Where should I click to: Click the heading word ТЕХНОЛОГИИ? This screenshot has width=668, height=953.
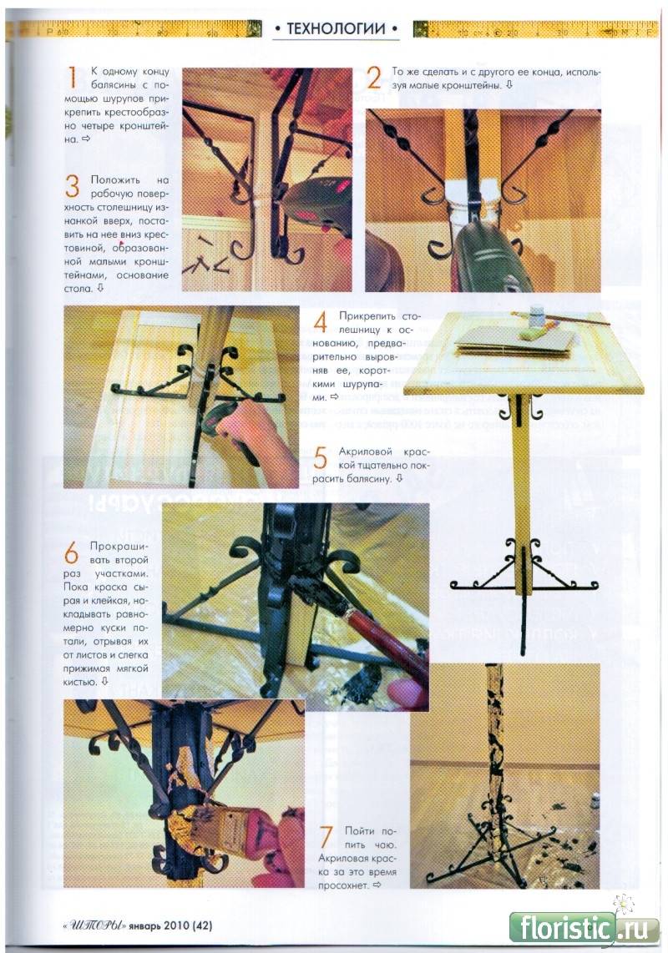click(x=336, y=28)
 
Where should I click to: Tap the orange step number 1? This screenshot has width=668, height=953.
click(x=72, y=78)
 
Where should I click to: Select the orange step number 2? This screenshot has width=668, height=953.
click(x=374, y=78)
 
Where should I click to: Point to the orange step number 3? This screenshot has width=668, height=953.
click(x=72, y=186)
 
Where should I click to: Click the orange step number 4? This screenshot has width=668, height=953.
click(x=321, y=321)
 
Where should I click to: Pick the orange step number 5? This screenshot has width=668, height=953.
click(x=320, y=457)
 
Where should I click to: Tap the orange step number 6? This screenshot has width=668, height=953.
click(x=71, y=552)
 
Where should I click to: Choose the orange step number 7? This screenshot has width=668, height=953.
click(x=326, y=837)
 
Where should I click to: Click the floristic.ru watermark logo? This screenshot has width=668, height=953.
click(x=584, y=929)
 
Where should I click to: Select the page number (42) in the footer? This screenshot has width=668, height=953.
click(x=202, y=925)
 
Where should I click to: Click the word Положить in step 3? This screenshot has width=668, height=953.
click(x=115, y=180)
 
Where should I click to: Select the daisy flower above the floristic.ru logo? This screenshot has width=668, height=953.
click(x=624, y=905)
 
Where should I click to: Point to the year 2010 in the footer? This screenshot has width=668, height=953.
click(x=176, y=925)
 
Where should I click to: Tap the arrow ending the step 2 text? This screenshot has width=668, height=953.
click(x=509, y=85)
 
